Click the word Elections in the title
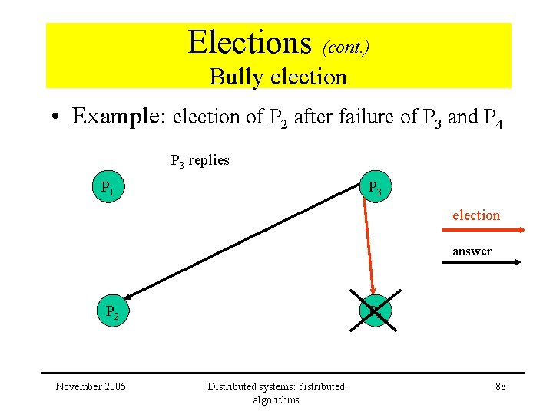click(250, 42)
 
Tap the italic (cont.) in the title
click(346, 48)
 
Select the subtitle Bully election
click(278, 77)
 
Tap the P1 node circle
click(108, 188)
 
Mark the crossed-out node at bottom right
click(374, 311)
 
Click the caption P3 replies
click(200, 161)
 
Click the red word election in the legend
click(475, 215)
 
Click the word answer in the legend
click(472, 251)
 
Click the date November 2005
click(91, 386)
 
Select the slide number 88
click(501, 386)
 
